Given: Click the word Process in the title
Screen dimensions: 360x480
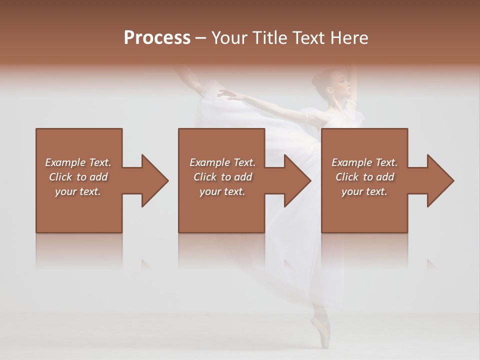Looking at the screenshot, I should pyautogui.click(x=157, y=38).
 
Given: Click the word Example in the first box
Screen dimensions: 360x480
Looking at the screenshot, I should pyautogui.click(x=65, y=162).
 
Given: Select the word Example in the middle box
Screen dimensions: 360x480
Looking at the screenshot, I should pyautogui.click(x=209, y=162).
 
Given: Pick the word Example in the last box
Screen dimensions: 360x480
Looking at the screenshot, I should pyautogui.click(x=351, y=162).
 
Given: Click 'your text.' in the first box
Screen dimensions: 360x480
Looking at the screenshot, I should pyautogui.click(x=78, y=191).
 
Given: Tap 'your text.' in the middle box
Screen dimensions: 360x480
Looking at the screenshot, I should pyautogui.click(x=222, y=191).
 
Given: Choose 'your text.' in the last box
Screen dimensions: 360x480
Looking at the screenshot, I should pyautogui.click(x=364, y=191).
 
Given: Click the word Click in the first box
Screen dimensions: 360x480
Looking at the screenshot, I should pyautogui.click(x=61, y=177).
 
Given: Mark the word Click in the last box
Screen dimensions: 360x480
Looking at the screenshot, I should pyautogui.click(x=347, y=177).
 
